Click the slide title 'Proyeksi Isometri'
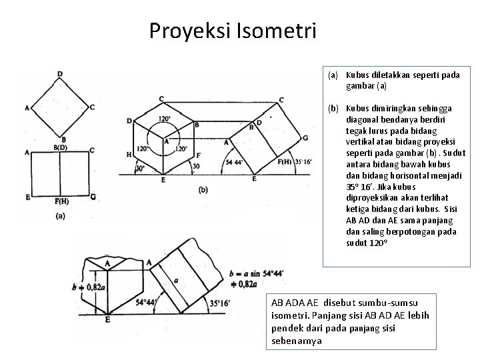(233, 31)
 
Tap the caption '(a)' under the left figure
(61, 215)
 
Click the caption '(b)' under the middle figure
(203, 189)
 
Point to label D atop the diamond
(60, 74)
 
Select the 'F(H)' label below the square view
(61, 201)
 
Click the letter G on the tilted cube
(305, 137)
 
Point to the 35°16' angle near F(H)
(303, 161)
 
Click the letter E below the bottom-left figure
(107, 321)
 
